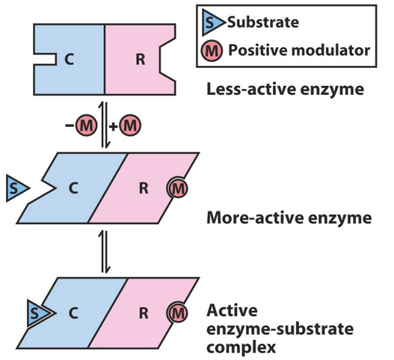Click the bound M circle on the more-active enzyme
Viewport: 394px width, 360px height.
pyautogui.click(x=176, y=189)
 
